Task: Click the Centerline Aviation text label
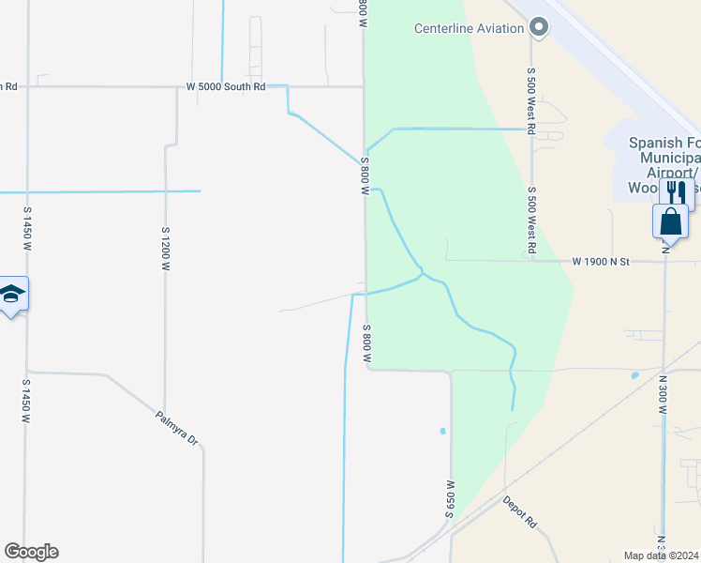pyautogui.click(x=469, y=28)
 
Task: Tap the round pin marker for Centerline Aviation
pyautogui.click(x=538, y=28)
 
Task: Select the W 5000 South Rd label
pyautogui.click(x=226, y=86)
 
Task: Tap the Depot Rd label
pyautogui.click(x=518, y=511)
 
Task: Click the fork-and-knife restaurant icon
pyautogui.click(x=673, y=190)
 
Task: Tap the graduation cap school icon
pyautogui.click(x=11, y=295)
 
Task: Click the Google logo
pyautogui.click(x=31, y=552)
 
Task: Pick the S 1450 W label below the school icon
pyautogui.click(x=26, y=401)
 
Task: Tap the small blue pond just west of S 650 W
pyautogui.click(x=442, y=432)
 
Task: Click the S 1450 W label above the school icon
pyautogui.click(x=26, y=230)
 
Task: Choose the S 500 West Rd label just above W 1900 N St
pyautogui.click(x=530, y=221)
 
